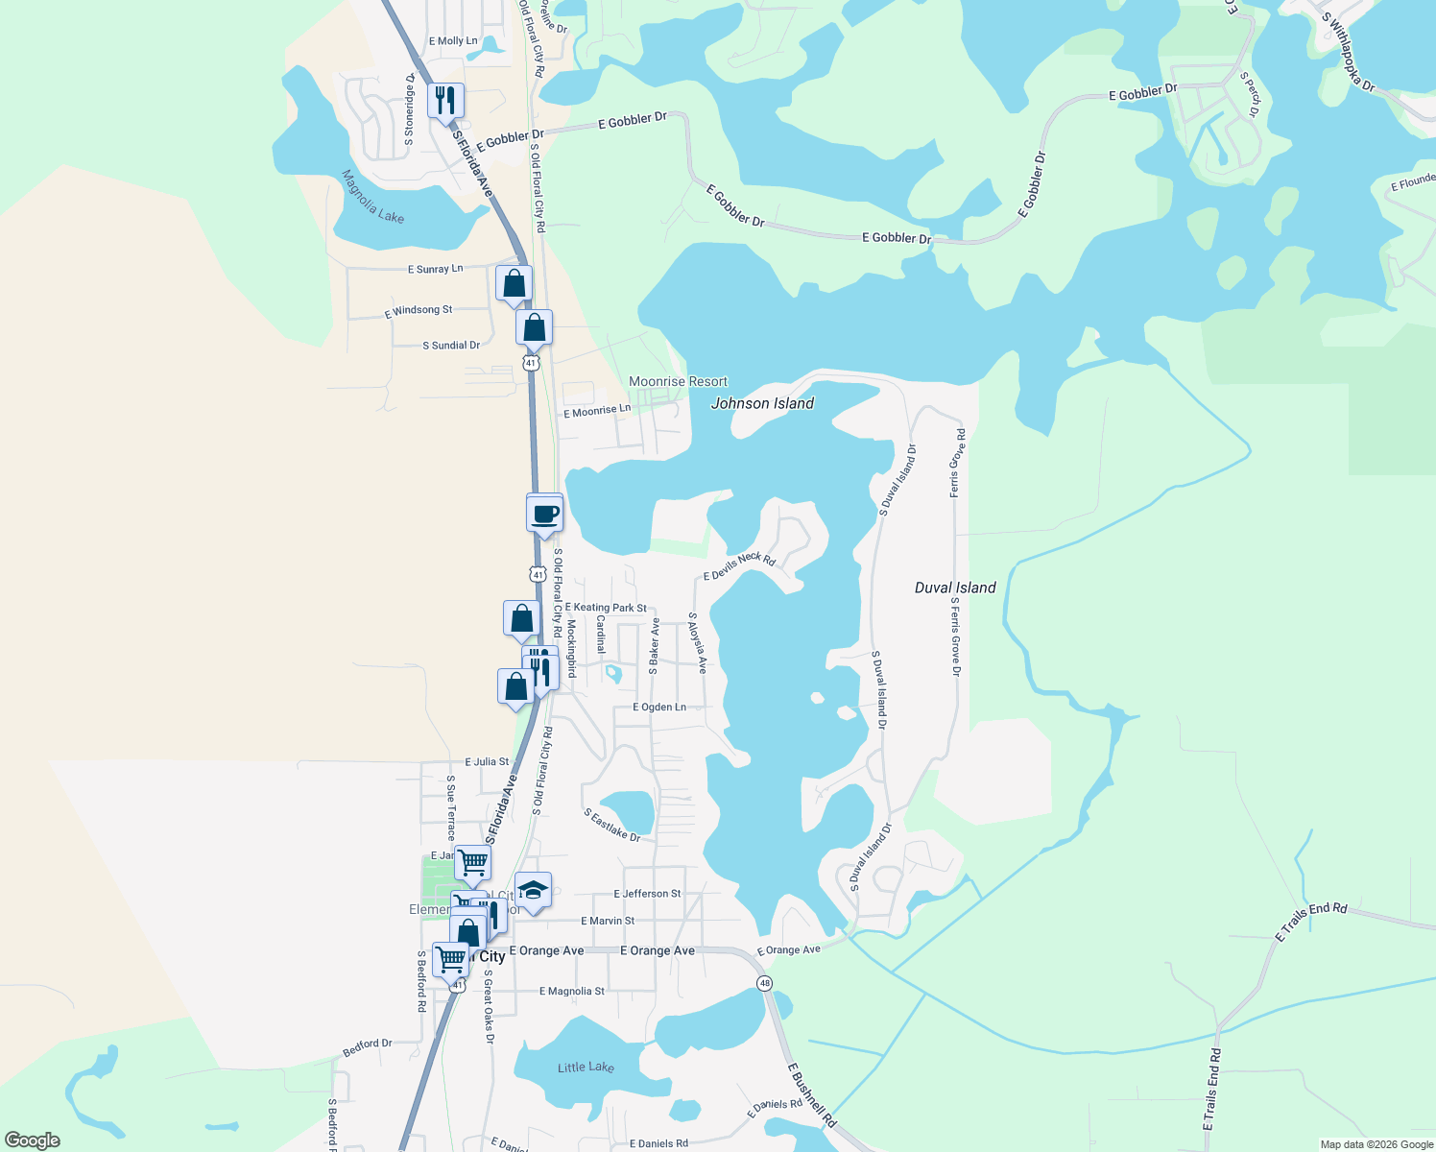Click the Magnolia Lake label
[372, 198]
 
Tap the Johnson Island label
[762, 404]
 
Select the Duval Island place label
[955, 588]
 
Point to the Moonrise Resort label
[678, 382]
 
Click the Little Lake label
[586, 1068]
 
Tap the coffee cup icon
[544, 514]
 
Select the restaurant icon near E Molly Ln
[445, 100]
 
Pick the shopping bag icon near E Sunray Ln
[514, 284]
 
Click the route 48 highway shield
[764, 983]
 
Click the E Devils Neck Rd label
[739, 566]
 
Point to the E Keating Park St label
[606, 608]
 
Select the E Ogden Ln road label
[659, 708]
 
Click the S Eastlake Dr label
[611, 825]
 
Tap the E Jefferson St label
[647, 894]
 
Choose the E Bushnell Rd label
[812, 1094]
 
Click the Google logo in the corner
[33, 1140]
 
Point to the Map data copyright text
[1376, 1144]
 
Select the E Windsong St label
[419, 311]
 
